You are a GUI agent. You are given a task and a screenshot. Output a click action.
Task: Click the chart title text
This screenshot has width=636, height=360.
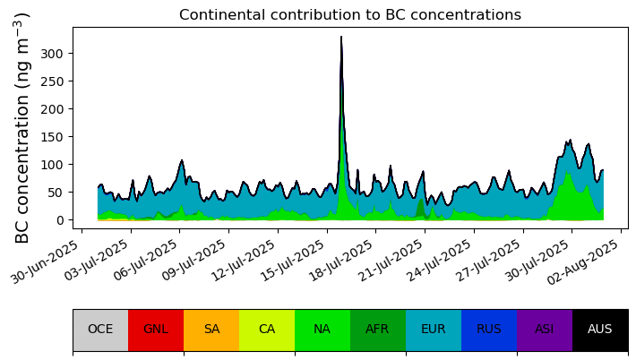(350, 15)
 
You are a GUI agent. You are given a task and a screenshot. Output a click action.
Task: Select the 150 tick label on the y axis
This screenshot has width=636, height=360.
(52, 137)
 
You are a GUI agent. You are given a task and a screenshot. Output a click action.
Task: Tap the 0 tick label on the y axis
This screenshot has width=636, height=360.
(59, 220)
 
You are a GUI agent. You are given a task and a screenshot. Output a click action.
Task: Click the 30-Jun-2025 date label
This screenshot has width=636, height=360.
(45, 261)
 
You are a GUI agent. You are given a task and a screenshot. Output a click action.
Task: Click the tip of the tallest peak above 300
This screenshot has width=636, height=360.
(341, 37)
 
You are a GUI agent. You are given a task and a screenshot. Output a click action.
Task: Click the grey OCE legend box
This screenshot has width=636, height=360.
(100, 330)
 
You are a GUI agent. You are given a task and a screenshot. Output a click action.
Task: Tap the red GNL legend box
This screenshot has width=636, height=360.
(156, 330)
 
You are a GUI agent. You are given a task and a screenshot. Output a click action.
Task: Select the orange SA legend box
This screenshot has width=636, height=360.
(211, 330)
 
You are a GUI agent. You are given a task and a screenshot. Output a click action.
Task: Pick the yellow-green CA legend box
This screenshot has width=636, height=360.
(267, 330)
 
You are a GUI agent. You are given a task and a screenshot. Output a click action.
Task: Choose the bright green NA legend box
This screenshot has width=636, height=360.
(322, 330)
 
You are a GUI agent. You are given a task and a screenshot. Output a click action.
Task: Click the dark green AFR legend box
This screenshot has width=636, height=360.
(378, 330)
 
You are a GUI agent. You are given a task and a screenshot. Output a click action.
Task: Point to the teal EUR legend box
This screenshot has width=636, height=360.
(434, 330)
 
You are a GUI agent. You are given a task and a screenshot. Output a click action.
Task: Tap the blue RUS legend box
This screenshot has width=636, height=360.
(490, 330)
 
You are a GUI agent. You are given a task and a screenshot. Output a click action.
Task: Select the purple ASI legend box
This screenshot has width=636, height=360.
(546, 330)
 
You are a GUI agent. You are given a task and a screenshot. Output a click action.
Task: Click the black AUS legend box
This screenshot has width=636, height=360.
(601, 330)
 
